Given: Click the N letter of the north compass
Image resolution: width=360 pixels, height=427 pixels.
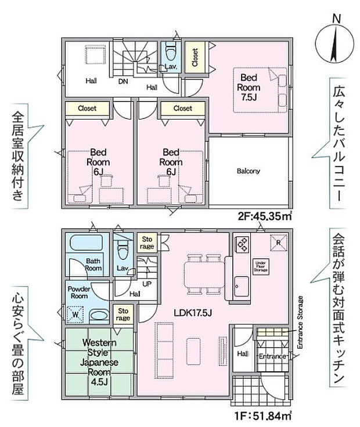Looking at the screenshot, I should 336,19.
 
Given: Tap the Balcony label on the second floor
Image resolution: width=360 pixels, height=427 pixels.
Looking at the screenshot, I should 248,171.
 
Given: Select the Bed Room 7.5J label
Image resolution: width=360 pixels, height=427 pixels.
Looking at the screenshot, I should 246,87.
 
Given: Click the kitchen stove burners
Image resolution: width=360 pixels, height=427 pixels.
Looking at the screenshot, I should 241,244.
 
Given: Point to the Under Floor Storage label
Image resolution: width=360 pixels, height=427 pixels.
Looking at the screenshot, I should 260,266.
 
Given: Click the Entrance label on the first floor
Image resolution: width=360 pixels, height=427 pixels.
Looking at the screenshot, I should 271,356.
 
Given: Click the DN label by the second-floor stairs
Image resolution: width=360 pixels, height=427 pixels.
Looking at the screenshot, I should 123,81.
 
